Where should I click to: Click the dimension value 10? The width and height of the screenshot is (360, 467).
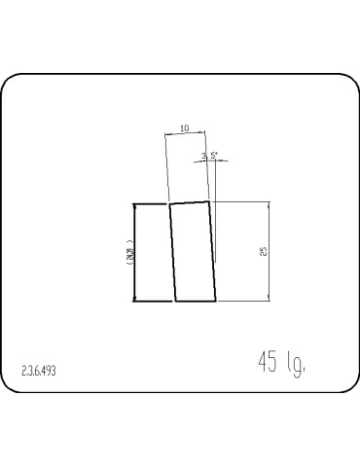click(185, 127)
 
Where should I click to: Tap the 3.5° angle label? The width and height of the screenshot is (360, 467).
click(209, 155)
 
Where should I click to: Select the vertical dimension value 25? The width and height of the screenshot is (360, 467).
click(264, 251)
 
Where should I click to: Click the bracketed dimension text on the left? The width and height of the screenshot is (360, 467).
click(128, 252)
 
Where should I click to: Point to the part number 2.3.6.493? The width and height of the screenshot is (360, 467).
click(40, 370)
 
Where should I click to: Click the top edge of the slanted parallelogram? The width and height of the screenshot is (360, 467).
click(191, 202)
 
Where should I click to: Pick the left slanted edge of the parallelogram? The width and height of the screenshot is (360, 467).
click(172, 253)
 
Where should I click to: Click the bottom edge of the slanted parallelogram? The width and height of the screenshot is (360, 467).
click(195, 301)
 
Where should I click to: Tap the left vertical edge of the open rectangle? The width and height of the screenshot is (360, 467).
click(133, 252)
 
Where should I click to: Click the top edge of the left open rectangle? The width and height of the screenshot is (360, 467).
click(152, 204)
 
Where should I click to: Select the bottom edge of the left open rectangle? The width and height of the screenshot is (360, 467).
click(153, 301)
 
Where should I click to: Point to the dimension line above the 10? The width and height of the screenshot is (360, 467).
click(188, 135)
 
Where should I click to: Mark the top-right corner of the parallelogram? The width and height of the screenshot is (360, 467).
click(211, 201)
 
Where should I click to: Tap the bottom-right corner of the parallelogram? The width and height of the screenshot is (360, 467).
click(216, 301)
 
